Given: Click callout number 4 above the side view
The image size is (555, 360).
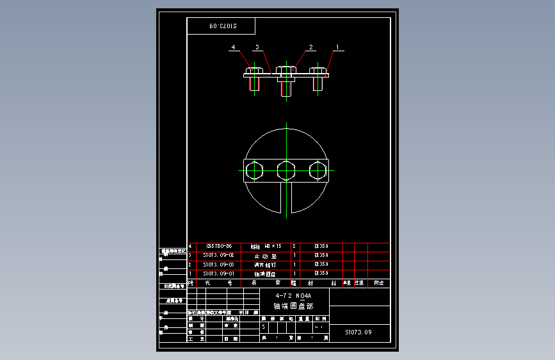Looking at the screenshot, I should [x=234, y=47].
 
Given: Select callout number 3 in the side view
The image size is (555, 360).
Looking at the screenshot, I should [x=257, y=47].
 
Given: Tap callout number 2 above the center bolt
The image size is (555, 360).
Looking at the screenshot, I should [x=311, y=47].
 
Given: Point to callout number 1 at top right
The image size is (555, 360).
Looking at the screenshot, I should [x=337, y=47].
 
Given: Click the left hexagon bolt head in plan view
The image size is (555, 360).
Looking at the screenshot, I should [x=254, y=171].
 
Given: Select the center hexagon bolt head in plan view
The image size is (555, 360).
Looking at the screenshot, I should [x=286, y=171].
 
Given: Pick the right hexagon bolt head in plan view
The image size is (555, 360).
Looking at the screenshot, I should [x=318, y=171].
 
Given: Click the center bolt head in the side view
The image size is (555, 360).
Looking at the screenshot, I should [x=286, y=70].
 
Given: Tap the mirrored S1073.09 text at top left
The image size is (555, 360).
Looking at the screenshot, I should [x=221, y=26].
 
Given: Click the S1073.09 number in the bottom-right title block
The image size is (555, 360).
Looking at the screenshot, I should [x=358, y=332].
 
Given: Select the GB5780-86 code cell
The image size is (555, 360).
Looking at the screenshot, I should [x=219, y=246].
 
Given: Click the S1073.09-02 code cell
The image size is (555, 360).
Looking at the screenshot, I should [x=219, y=255].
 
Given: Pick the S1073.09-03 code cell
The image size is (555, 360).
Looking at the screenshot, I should [x=219, y=264].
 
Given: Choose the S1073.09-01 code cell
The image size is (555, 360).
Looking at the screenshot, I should [x=219, y=273].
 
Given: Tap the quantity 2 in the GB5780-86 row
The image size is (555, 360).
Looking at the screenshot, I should [x=294, y=246].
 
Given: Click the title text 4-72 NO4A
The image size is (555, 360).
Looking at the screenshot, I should [x=293, y=296].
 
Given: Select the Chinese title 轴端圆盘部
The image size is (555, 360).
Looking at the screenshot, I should [x=293, y=306].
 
